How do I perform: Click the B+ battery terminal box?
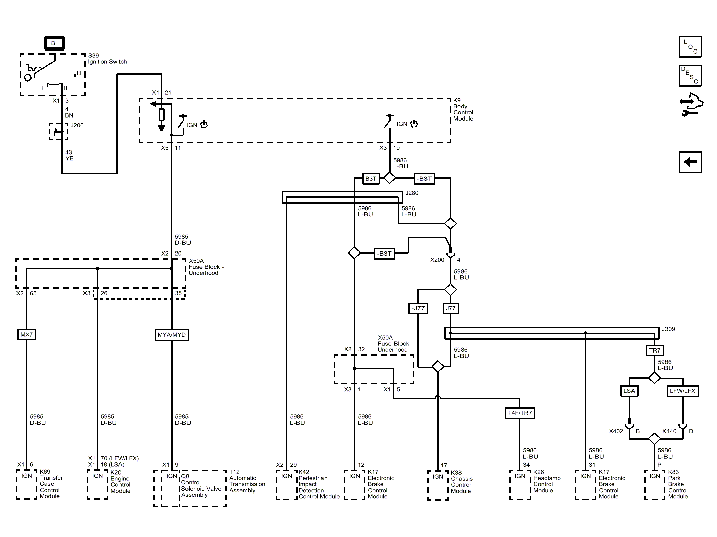(x=55, y=43)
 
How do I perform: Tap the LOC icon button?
(x=690, y=46)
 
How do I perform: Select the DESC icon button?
(x=690, y=75)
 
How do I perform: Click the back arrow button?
(x=690, y=162)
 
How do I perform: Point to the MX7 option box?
(x=27, y=335)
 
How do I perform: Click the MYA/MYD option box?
(x=172, y=335)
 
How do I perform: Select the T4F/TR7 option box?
(x=520, y=413)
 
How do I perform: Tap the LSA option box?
(x=629, y=391)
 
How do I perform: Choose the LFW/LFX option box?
(x=683, y=391)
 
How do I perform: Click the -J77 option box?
(x=418, y=308)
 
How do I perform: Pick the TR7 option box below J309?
(x=655, y=350)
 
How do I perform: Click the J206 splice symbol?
(x=59, y=132)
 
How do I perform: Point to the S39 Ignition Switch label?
(x=107, y=59)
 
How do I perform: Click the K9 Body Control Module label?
(x=463, y=109)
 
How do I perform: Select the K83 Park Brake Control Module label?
(x=678, y=484)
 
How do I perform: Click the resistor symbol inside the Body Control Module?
(x=162, y=115)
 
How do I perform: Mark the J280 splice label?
(x=412, y=193)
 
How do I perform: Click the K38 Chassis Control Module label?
(x=462, y=482)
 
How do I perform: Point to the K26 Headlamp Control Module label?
(x=547, y=481)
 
